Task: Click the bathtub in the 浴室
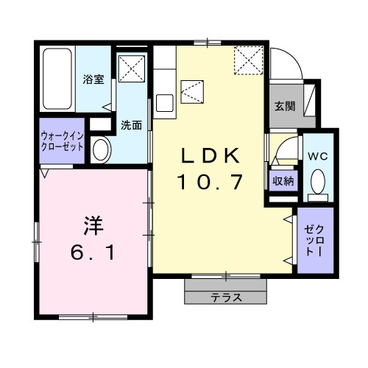pos(57,79)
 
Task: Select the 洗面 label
pos(132,124)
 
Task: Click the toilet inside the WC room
pos(318,180)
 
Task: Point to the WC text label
pos(319,155)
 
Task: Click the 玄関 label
pos(285,106)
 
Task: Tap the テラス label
pos(226,298)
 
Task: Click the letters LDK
pos(210,156)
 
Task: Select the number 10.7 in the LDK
pos(210,182)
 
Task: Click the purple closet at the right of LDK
pos(315,241)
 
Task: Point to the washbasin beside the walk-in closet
pos(100,150)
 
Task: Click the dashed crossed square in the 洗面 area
pos(133,68)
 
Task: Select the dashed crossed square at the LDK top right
pos(249,60)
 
